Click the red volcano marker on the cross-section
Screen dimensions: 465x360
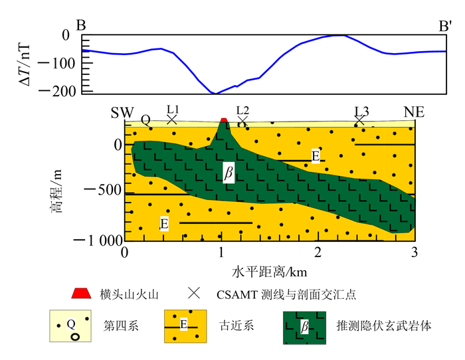[x=224, y=120]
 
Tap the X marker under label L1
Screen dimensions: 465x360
[x=171, y=120]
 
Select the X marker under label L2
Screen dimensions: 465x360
[x=242, y=120]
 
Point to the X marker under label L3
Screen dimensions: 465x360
[x=359, y=120]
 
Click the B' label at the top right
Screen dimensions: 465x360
[x=445, y=26]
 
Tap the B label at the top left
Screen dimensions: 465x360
[x=81, y=26]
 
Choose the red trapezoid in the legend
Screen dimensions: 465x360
[x=80, y=293]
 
